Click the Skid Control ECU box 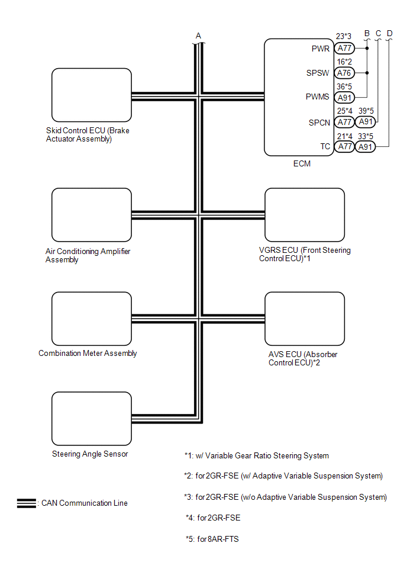tap(91, 95)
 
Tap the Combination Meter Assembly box tap(91, 319)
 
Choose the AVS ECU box tap(304, 319)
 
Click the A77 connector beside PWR tap(344, 49)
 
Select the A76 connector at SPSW tap(344, 73)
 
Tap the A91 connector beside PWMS tap(344, 98)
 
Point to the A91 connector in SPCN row tap(366, 122)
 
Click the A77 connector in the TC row tap(344, 147)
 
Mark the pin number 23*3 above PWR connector tap(344, 37)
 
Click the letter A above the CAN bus tap(199, 36)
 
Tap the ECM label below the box tap(302, 164)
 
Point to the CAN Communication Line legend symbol tap(27, 503)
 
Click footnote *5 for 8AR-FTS tap(212, 539)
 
